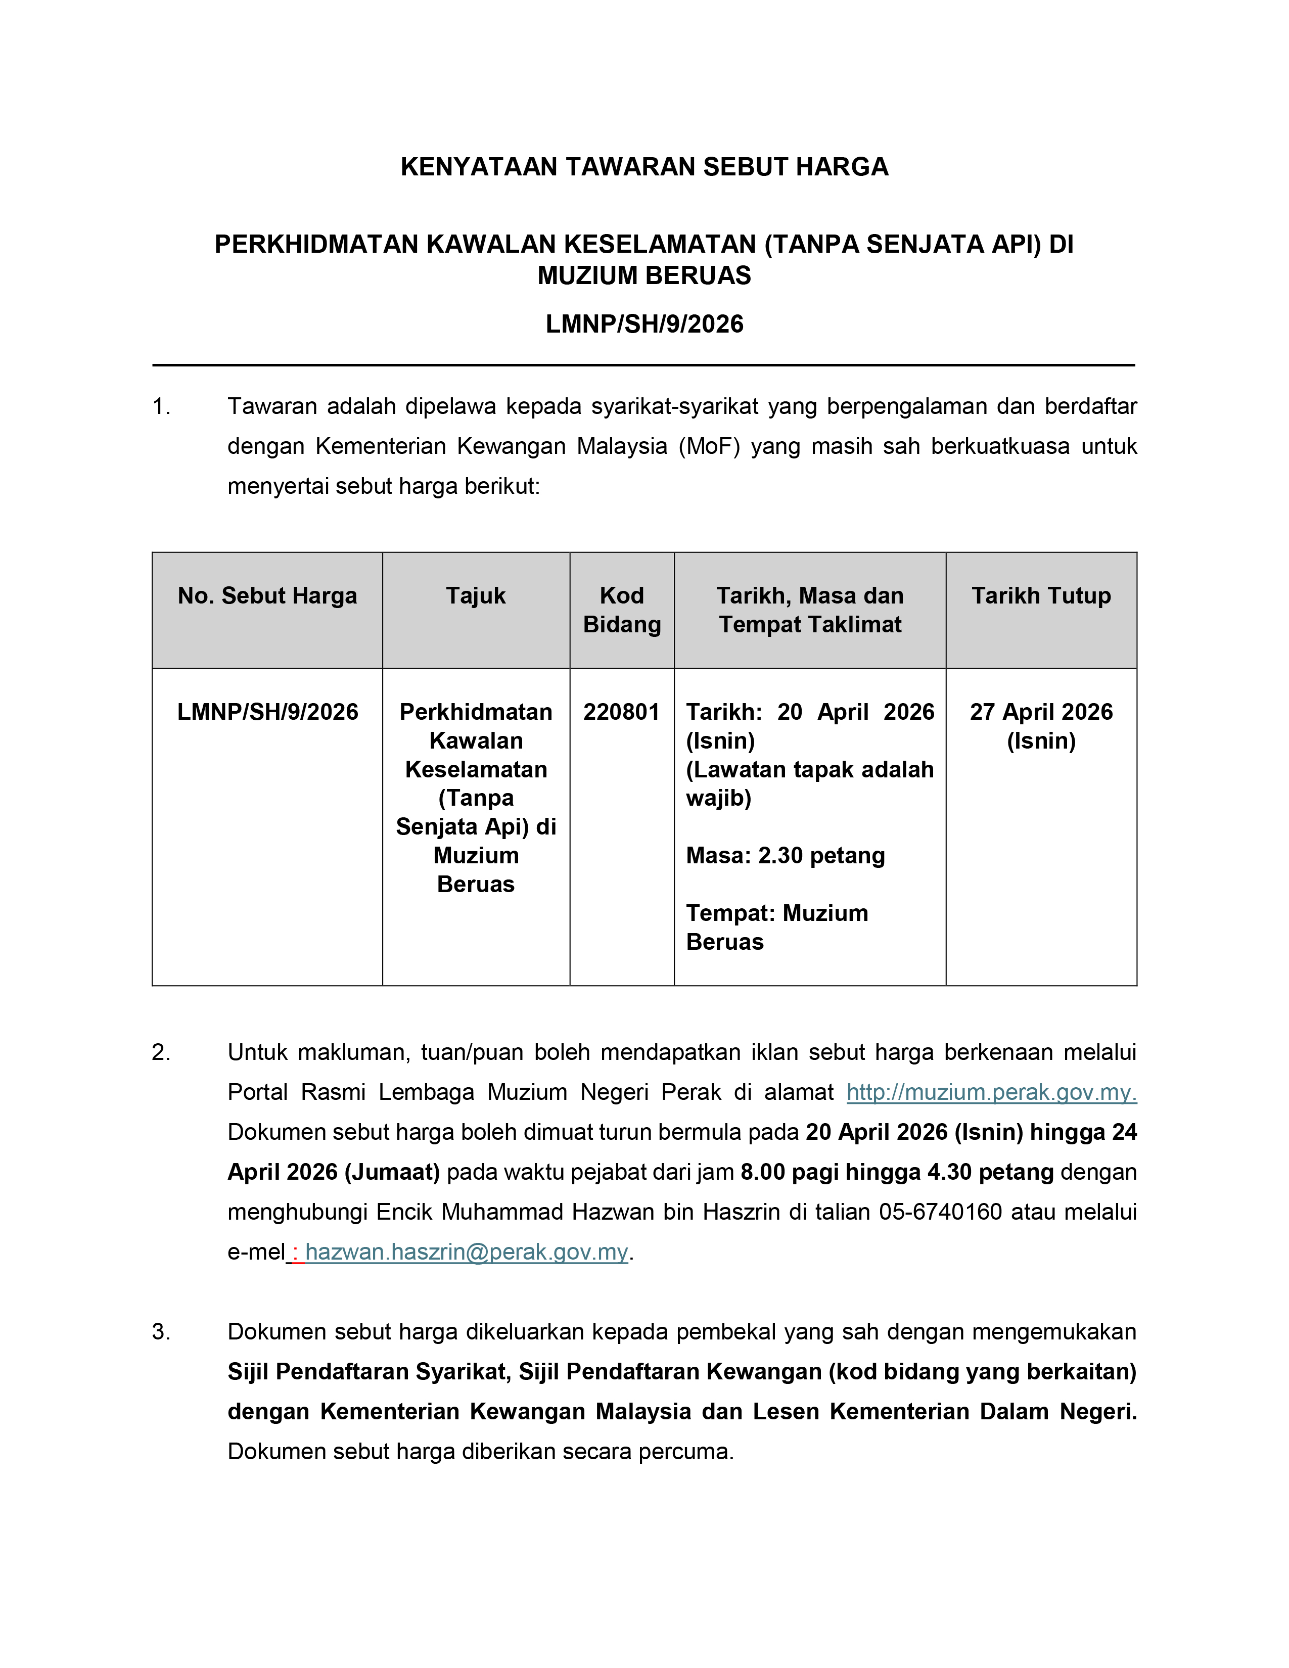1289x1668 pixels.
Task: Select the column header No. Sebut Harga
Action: pos(267,596)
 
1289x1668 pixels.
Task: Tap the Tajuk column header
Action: pos(476,596)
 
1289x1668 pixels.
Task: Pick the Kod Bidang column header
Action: pos(622,610)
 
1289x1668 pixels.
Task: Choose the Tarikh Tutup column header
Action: pos(1041,596)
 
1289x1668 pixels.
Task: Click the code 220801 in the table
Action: pos(621,712)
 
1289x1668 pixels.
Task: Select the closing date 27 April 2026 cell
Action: pos(1041,725)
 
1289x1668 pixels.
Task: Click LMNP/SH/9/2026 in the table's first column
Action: pos(267,712)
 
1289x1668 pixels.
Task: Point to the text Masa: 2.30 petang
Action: pos(785,855)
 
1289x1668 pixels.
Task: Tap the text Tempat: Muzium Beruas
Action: pos(776,927)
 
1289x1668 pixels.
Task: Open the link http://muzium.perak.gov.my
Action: pos(991,1093)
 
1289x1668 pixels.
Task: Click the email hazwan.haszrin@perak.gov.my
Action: pos(467,1252)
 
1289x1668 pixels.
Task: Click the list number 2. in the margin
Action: pos(161,1052)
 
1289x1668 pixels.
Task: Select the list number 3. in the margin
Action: pos(161,1332)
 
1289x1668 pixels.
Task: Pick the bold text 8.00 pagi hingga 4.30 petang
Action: pos(897,1172)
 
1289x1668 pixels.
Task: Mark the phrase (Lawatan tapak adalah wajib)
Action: pos(809,783)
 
